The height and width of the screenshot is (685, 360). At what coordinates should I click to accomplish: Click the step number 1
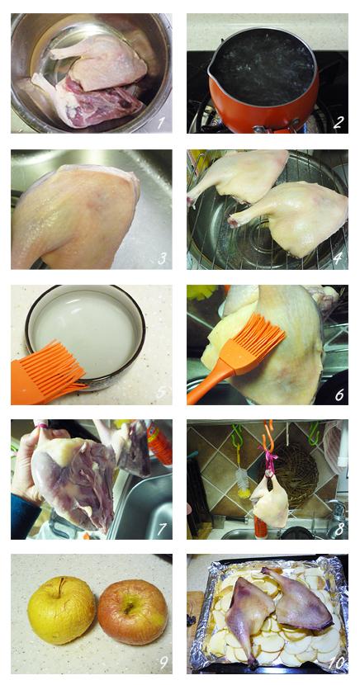(161, 123)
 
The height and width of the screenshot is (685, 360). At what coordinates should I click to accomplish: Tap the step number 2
(338, 122)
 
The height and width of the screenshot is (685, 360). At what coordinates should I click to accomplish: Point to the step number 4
(337, 258)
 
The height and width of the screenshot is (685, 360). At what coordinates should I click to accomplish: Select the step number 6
(339, 394)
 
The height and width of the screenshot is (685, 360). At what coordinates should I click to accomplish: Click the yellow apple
(62, 610)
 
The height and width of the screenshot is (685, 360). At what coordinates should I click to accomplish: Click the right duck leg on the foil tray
(299, 598)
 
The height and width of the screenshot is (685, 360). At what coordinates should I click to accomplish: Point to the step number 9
(163, 664)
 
